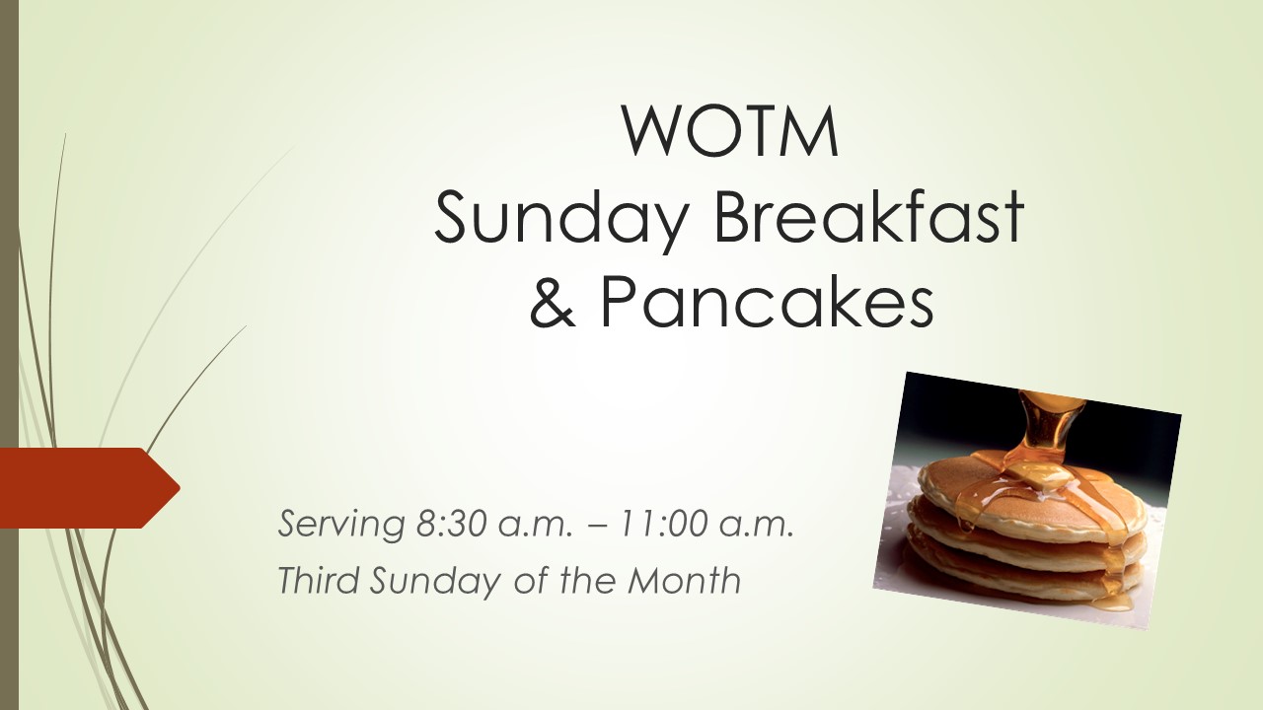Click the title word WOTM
[x=729, y=131]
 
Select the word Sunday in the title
[x=560, y=218]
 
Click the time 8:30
[x=452, y=524]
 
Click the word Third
[x=319, y=579]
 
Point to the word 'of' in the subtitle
[x=531, y=579]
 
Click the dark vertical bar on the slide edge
[x=9, y=355]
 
